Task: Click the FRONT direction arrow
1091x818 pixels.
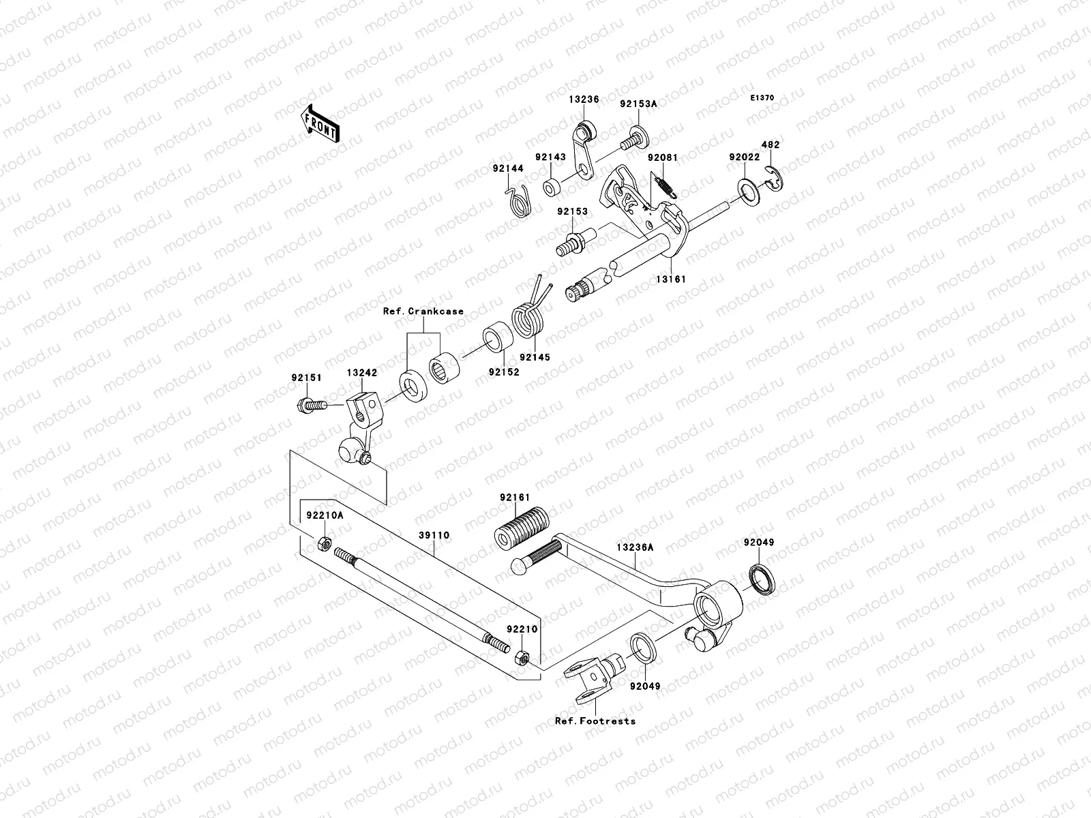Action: pyautogui.click(x=321, y=124)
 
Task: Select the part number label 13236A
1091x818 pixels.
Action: pyautogui.click(x=635, y=547)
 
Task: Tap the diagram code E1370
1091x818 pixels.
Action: pyautogui.click(x=762, y=98)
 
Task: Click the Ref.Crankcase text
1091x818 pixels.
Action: pyautogui.click(x=423, y=312)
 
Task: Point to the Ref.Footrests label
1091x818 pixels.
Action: pyautogui.click(x=595, y=721)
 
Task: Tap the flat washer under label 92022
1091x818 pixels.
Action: pyautogui.click(x=749, y=192)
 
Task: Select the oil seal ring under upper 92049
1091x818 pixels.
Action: pyautogui.click(x=762, y=578)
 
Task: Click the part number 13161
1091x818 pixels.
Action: pyautogui.click(x=671, y=279)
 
